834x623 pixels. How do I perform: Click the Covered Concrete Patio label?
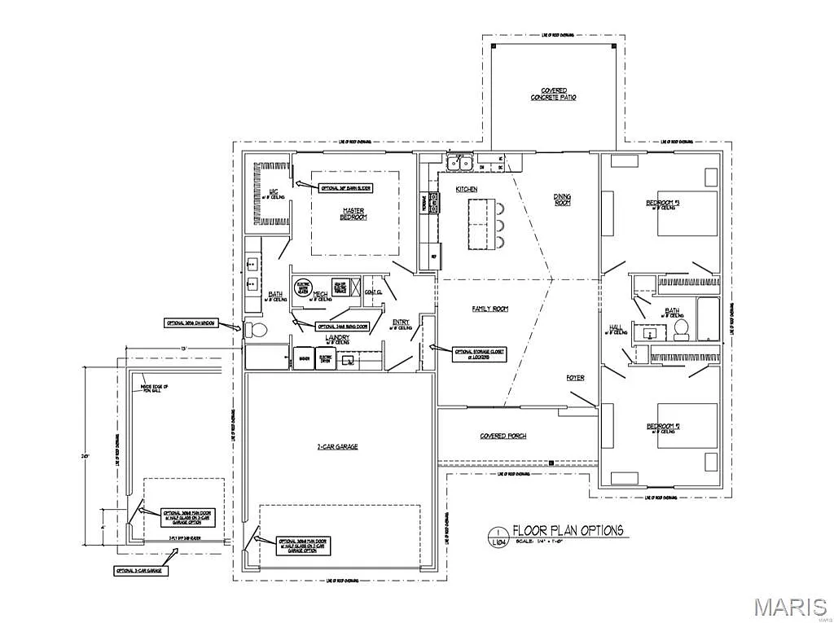point(554,94)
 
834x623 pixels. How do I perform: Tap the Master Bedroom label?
point(353,213)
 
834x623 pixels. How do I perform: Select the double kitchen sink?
point(458,164)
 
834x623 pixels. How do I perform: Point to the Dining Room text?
point(562,200)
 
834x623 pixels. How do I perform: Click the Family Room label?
point(489,309)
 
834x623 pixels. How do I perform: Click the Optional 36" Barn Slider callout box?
point(345,187)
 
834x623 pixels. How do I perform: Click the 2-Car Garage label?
point(337,446)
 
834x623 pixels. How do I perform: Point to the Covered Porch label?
point(503,436)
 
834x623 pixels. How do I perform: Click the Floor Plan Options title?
point(568,530)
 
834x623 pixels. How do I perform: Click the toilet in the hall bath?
point(681,329)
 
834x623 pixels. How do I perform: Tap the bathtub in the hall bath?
point(709,319)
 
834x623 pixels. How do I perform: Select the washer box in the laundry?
point(304,359)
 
